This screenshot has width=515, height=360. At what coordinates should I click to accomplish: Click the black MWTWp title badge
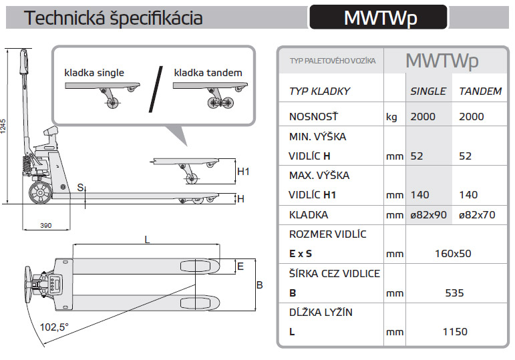(377, 17)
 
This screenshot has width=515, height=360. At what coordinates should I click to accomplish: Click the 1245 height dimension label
(4, 126)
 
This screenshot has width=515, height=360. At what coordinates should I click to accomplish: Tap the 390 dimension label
(45, 226)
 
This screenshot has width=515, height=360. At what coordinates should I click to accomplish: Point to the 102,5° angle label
(54, 327)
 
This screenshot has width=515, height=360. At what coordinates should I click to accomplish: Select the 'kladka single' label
(94, 73)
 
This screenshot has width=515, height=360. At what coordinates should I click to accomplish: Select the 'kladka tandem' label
(208, 73)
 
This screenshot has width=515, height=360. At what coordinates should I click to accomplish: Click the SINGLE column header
(427, 92)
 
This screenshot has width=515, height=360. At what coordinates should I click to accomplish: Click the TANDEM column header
(480, 92)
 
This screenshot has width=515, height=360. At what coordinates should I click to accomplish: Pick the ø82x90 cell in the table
(428, 215)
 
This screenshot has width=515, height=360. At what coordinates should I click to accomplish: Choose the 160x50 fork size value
(452, 254)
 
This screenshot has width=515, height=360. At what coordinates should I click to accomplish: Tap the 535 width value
(452, 293)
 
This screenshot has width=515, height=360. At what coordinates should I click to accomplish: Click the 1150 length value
(452, 331)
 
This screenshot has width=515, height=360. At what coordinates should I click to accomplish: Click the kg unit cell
(391, 117)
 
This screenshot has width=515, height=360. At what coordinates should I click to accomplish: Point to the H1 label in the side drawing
(243, 172)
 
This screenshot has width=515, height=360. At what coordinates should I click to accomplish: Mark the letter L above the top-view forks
(146, 239)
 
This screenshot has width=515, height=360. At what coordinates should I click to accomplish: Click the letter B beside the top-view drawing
(260, 285)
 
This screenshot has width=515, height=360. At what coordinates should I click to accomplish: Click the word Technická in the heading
(63, 18)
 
